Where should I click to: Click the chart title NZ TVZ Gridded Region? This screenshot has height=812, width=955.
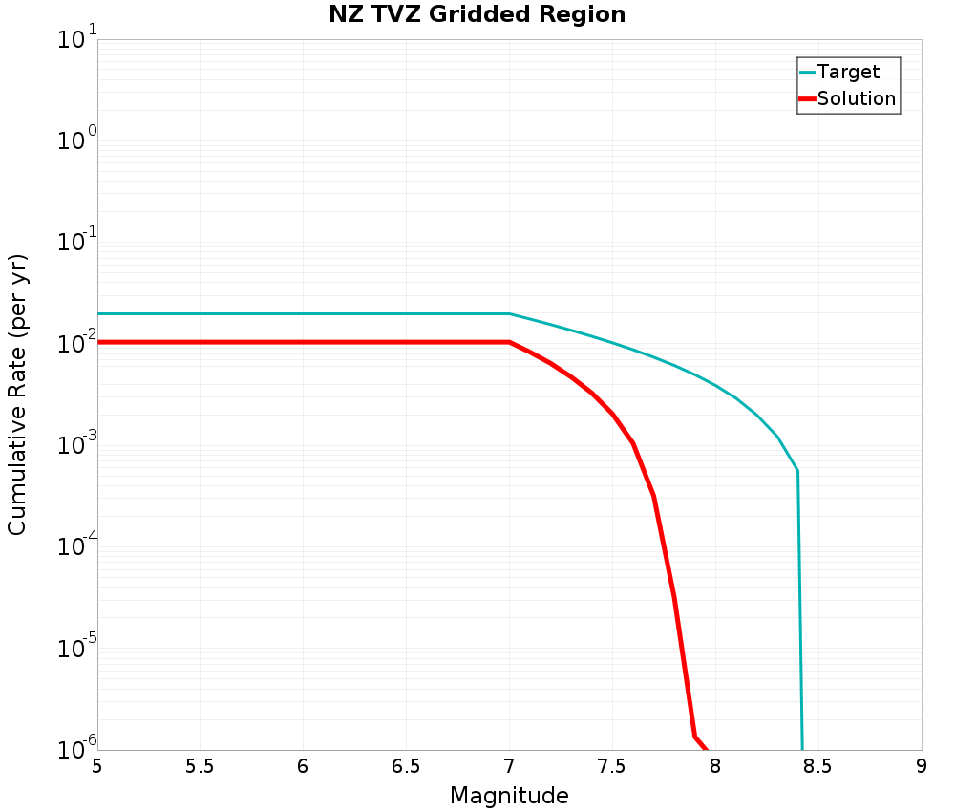pos(477,15)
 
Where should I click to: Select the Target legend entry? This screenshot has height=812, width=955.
pos(848,72)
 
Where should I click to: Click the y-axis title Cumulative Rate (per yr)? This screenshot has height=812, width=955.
pos(18,394)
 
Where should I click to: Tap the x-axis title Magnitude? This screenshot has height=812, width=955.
pos(509,796)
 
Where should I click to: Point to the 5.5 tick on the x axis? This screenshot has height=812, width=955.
pos(200,766)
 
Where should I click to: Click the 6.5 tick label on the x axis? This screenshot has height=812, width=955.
pos(406,766)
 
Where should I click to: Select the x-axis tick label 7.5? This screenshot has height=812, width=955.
pos(611,766)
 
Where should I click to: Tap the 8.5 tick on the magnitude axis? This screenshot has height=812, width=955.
pos(817,766)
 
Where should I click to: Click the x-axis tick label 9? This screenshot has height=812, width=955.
pos(922,766)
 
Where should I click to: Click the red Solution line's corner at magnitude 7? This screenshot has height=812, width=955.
pos(509,342)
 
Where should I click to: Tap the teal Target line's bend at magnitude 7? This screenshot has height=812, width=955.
pos(509,313)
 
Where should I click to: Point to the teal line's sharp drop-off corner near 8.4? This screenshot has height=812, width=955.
pos(797,471)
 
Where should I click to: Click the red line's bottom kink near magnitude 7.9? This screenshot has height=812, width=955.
pos(694,736)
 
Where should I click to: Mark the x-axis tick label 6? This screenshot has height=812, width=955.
pos(303,766)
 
